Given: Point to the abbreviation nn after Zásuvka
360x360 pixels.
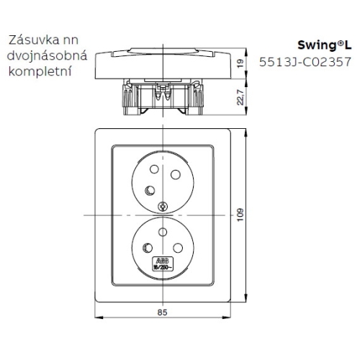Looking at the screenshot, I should [x=69, y=42].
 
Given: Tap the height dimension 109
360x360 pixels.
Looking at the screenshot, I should [x=261, y=215].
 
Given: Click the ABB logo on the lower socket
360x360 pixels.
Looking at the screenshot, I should [x=159, y=264].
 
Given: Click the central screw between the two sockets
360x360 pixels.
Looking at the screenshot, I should [x=164, y=205].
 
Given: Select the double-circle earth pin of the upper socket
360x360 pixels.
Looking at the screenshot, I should [x=149, y=190].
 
